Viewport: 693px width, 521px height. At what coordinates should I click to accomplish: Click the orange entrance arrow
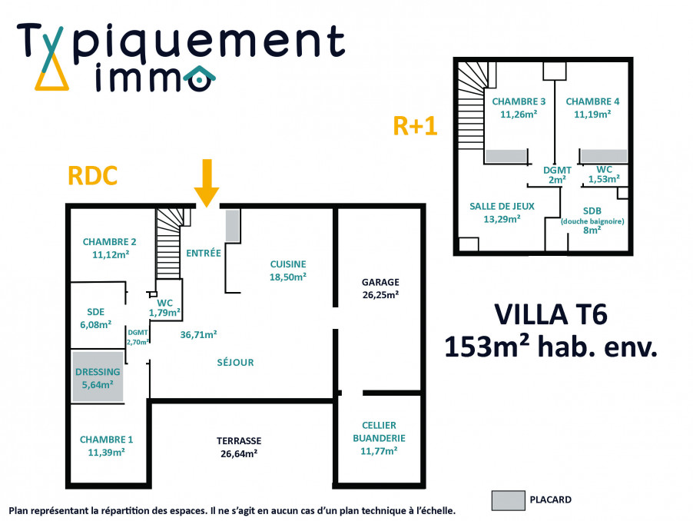(205, 182)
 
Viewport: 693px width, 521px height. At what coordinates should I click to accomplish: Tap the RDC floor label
(93, 175)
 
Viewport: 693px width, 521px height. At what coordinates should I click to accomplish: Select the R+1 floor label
(415, 125)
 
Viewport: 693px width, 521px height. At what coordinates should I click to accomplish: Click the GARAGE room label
(381, 282)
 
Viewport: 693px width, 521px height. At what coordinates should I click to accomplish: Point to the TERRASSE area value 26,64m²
(238, 453)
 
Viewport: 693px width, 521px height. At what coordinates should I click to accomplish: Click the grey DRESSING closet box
(98, 377)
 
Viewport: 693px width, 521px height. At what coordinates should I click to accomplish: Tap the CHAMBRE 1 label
(106, 440)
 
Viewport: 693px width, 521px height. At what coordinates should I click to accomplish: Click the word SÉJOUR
(235, 362)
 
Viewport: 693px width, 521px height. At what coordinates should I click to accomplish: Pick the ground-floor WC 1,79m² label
(164, 307)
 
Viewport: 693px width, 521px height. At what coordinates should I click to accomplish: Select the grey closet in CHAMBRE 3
(506, 156)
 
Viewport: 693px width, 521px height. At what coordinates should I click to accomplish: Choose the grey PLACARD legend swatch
(508, 499)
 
